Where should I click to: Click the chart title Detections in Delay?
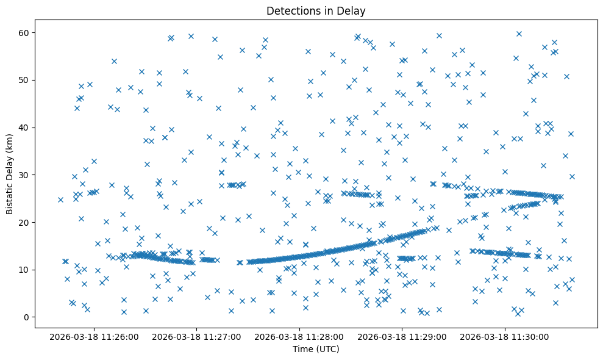tap(316, 11)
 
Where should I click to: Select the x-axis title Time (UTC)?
tap(316, 350)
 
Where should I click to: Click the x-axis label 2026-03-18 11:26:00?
tap(94, 336)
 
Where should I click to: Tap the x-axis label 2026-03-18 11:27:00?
tap(197, 336)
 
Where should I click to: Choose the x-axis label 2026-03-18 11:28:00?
tap(299, 336)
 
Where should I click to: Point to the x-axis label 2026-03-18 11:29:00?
tap(402, 336)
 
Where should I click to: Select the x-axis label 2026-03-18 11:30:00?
tap(505, 336)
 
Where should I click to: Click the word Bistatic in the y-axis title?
tap(10, 196)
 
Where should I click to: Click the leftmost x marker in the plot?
tap(60, 200)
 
